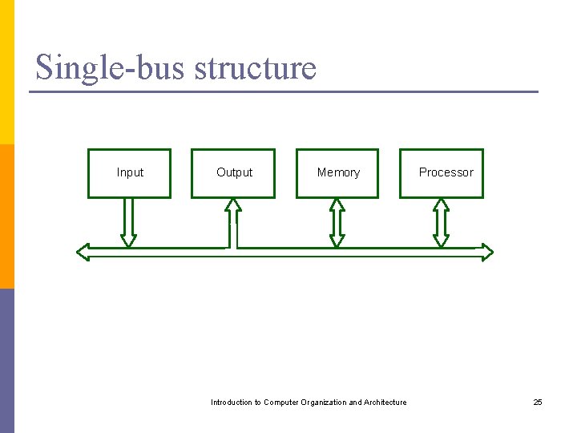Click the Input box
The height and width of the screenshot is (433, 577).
tap(129, 173)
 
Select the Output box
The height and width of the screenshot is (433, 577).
tap(233, 173)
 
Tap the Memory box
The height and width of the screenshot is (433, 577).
tap(337, 173)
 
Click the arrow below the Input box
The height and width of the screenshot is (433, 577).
tap(128, 222)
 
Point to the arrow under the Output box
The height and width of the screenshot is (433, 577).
tap(232, 222)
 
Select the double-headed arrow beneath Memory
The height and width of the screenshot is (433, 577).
tap(337, 222)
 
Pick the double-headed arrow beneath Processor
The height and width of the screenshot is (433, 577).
tap(442, 222)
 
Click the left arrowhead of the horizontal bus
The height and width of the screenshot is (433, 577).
tap(83, 253)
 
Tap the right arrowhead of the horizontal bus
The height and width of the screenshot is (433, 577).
tap(486, 253)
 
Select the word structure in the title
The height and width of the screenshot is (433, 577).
tap(256, 67)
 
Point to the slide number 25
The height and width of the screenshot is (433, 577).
tap(538, 402)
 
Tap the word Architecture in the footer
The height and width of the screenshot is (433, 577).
tap(385, 403)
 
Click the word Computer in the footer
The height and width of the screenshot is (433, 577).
tap(281, 403)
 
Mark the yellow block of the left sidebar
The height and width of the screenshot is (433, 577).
tap(6, 72)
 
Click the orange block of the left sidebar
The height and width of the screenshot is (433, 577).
tap(6, 216)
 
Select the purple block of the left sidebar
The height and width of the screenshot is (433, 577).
tap(6, 361)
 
